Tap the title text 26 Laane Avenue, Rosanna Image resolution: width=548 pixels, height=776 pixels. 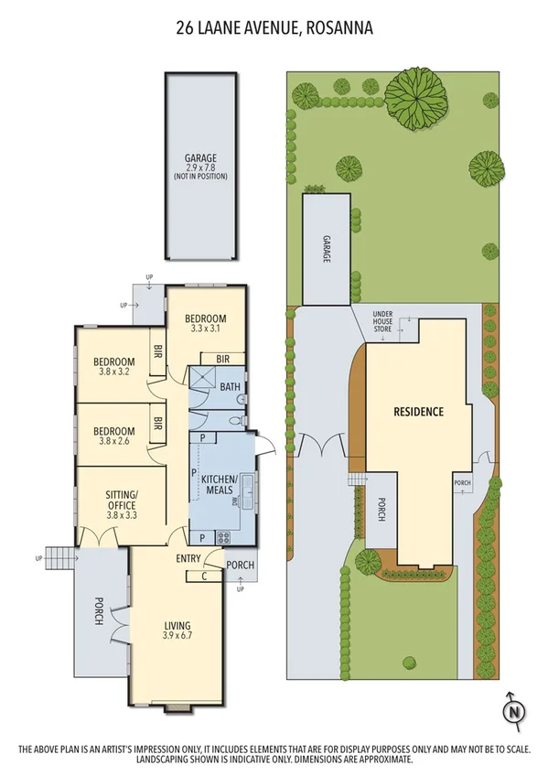274,29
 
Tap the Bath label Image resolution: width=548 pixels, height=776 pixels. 230,387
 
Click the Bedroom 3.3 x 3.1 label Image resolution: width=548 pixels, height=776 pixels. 205,323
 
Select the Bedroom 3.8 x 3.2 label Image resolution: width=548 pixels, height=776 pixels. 114,365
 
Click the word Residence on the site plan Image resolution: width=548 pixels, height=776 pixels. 418,412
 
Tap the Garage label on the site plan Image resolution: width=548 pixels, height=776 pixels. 325,248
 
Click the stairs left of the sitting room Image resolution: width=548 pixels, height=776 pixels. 59,555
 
